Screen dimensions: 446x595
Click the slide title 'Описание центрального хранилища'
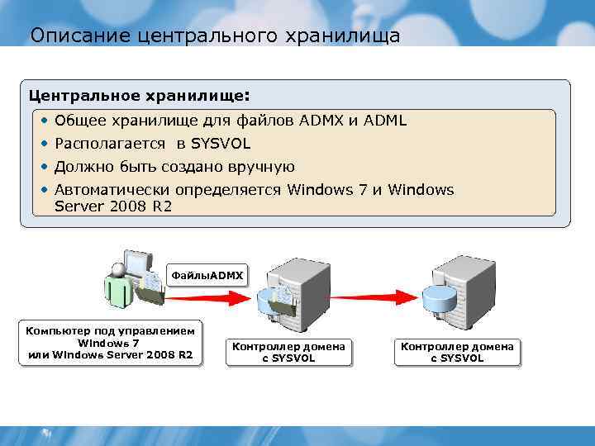214,36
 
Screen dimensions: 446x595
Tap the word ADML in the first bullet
385,121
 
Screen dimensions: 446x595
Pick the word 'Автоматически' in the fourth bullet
110,190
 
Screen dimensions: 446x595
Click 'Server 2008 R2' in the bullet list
113,206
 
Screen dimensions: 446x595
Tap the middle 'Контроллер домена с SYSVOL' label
288,352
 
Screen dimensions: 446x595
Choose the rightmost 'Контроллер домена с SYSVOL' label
456,352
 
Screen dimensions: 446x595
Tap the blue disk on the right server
439,297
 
